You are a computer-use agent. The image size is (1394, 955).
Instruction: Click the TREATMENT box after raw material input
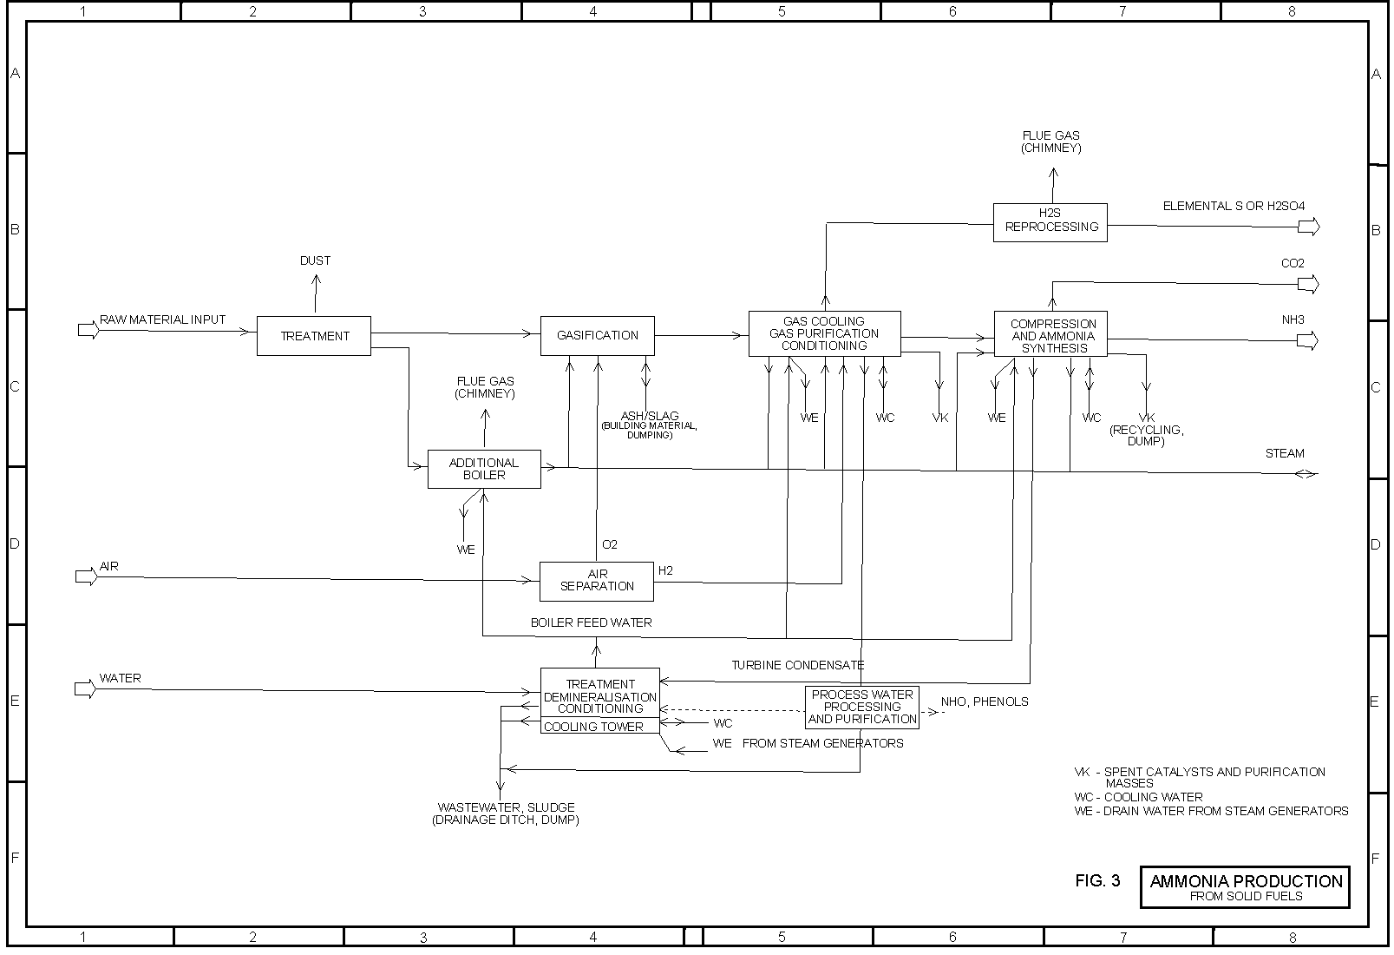pos(314,336)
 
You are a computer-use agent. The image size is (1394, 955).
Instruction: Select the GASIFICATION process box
pos(597,335)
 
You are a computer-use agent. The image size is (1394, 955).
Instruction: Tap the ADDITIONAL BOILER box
pos(484,469)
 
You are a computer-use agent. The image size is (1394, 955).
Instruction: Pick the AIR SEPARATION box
pos(597,580)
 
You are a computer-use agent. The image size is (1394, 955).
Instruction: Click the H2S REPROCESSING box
pos(1050,221)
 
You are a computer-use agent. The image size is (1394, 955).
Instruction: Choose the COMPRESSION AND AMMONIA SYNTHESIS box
pos(1051,335)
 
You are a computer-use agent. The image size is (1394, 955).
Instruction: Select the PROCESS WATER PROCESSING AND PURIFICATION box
pos(862,707)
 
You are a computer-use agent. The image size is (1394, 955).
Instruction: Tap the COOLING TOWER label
pos(593,727)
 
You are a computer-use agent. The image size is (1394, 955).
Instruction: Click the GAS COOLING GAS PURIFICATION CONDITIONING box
pos(824,333)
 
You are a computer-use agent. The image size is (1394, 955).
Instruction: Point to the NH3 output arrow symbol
pos(1307,341)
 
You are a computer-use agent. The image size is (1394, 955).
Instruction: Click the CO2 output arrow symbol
pos(1307,284)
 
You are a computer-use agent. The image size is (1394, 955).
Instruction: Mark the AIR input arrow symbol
pos(87,576)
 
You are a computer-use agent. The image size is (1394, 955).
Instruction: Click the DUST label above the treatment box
pos(315,260)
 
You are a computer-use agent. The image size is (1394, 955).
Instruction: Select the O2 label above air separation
pos(610,544)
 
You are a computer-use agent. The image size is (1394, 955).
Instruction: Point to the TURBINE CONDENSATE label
pos(797,665)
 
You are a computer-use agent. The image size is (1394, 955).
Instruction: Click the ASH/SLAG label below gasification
pos(650,416)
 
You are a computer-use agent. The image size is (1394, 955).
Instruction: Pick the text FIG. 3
pos(1097,881)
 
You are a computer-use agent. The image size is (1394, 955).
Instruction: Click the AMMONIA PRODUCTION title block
pos(1245,886)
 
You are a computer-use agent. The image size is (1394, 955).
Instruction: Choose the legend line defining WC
pos(1138,797)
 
